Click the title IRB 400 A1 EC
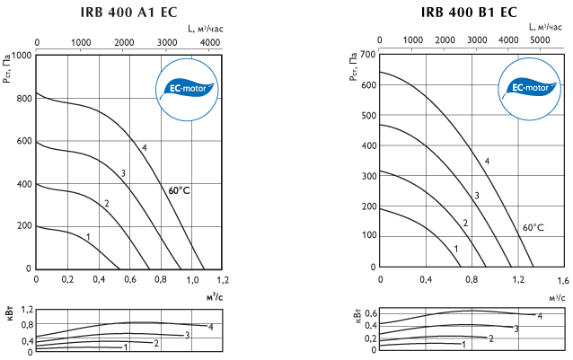click(128, 12)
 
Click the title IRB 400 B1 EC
click(469, 12)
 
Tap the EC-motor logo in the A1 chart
click(187, 89)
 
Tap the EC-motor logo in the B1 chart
click(530, 88)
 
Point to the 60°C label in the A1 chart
click(179, 190)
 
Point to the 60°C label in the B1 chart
click(533, 227)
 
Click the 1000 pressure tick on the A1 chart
click(22, 56)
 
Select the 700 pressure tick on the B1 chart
click(368, 55)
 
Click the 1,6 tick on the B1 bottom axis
click(563, 280)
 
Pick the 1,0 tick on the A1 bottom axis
click(192, 280)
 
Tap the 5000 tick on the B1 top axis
click(540, 40)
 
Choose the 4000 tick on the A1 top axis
click(210, 42)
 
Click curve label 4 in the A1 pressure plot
click(145, 148)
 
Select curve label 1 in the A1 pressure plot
click(88, 237)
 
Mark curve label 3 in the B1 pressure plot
click(477, 196)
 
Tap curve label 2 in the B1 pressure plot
click(465, 223)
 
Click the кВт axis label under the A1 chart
click(10, 314)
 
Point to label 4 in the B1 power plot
click(540, 316)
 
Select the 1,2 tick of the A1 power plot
click(28, 310)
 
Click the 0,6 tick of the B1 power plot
click(371, 313)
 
